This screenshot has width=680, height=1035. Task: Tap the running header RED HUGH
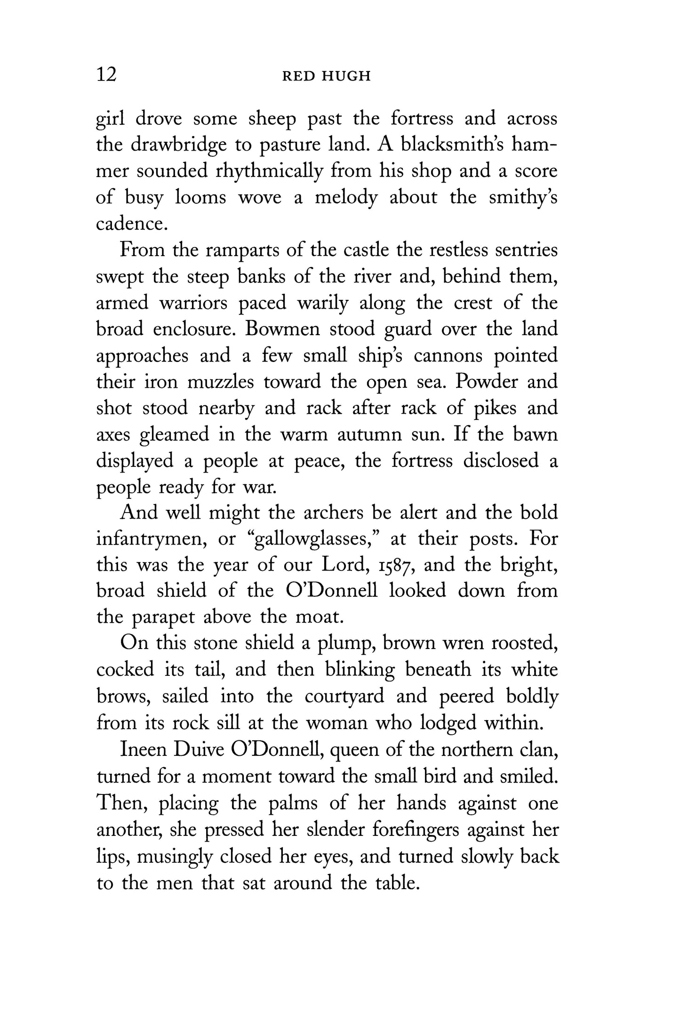(326, 76)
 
